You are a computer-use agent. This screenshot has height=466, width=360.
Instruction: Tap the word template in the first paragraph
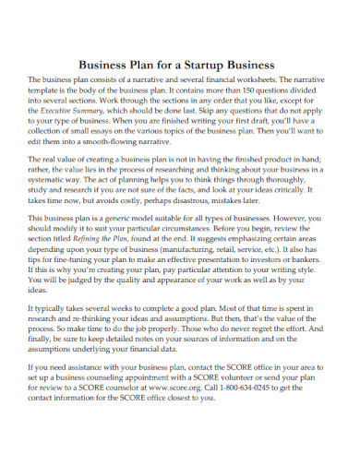(x=56, y=93)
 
